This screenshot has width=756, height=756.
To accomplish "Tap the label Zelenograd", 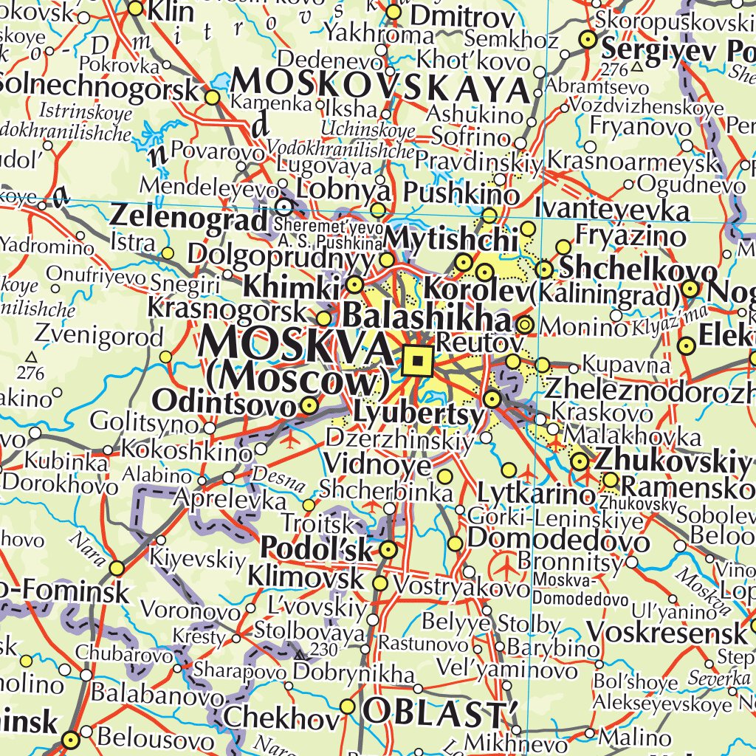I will pos(188,218).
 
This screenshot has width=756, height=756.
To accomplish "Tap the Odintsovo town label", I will pos(224,402).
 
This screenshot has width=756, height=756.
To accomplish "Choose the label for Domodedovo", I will pos(559,539).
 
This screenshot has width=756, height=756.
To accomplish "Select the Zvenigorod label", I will pos(99,338).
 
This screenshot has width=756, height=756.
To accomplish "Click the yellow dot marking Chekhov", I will pos(348,707).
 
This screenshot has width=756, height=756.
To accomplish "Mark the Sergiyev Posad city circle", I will pos(588,40).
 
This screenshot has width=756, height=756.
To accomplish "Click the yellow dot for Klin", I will pos(136,8).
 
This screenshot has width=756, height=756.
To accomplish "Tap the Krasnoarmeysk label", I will pos(633,161).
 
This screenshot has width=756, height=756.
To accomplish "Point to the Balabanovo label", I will pos(157,695).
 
